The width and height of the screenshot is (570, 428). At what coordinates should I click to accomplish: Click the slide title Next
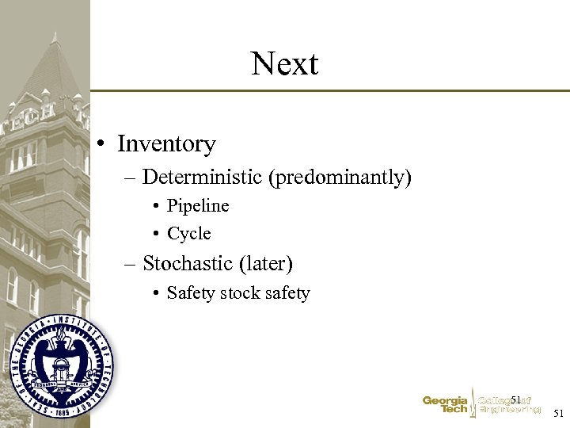284,63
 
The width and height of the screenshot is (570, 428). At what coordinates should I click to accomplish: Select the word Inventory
166,144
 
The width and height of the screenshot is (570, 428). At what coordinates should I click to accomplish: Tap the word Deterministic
203,177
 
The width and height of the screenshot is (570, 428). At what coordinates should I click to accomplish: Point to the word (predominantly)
340,178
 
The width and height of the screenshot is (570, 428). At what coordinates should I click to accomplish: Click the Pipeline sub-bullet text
198,206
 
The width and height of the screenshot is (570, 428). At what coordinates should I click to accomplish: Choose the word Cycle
189,234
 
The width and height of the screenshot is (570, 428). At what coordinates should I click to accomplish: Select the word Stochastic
188,263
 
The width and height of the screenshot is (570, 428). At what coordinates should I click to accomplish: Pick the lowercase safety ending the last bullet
287,293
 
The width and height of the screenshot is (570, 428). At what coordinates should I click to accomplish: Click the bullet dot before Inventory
103,145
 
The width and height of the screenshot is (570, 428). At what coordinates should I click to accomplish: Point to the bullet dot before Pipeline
157,207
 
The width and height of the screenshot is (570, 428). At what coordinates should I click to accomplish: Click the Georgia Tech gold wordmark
445,405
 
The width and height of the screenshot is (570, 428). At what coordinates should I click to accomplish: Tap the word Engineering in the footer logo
511,410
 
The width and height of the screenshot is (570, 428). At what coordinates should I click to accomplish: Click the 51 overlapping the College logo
515,399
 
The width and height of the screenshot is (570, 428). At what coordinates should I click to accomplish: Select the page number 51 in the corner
559,413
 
